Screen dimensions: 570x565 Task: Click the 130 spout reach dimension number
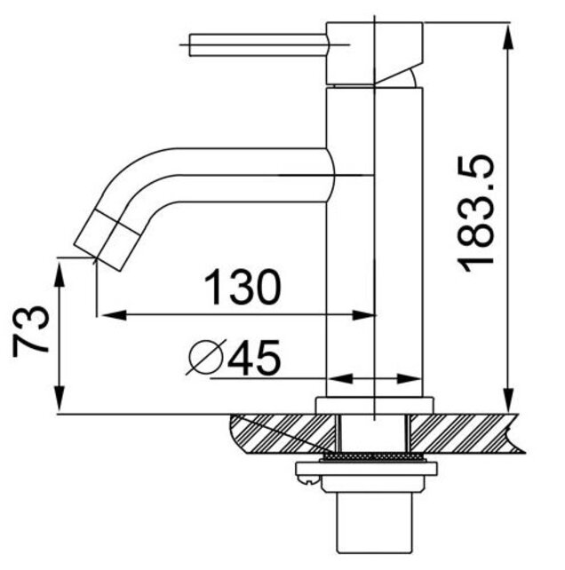[243, 287]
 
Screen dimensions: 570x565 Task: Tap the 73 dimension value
[32, 330]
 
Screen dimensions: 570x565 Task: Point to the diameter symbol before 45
[205, 359]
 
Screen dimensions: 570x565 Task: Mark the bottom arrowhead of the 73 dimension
[60, 404]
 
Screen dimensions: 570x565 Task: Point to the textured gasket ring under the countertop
[373, 456]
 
